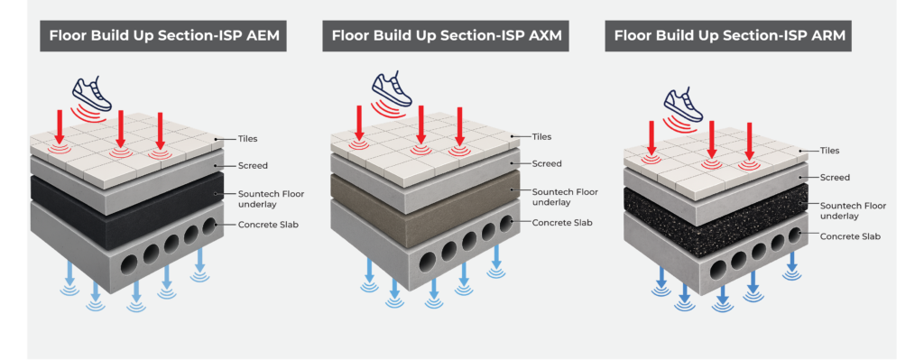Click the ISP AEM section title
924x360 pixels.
[x=163, y=35]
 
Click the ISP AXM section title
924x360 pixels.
[x=446, y=35]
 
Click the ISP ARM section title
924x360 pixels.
[x=729, y=35]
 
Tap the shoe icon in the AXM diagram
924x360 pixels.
[x=392, y=89]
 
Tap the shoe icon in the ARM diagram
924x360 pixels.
[x=684, y=105]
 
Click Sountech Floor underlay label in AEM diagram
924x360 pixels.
[x=271, y=198]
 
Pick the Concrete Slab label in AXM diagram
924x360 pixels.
[x=561, y=223]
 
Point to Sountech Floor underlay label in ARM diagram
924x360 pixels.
[x=854, y=210]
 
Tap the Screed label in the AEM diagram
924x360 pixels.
[x=253, y=166]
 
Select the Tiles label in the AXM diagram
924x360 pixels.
[x=541, y=137]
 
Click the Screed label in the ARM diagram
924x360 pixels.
[x=836, y=178]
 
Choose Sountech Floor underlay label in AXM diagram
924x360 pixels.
[x=565, y=197]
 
